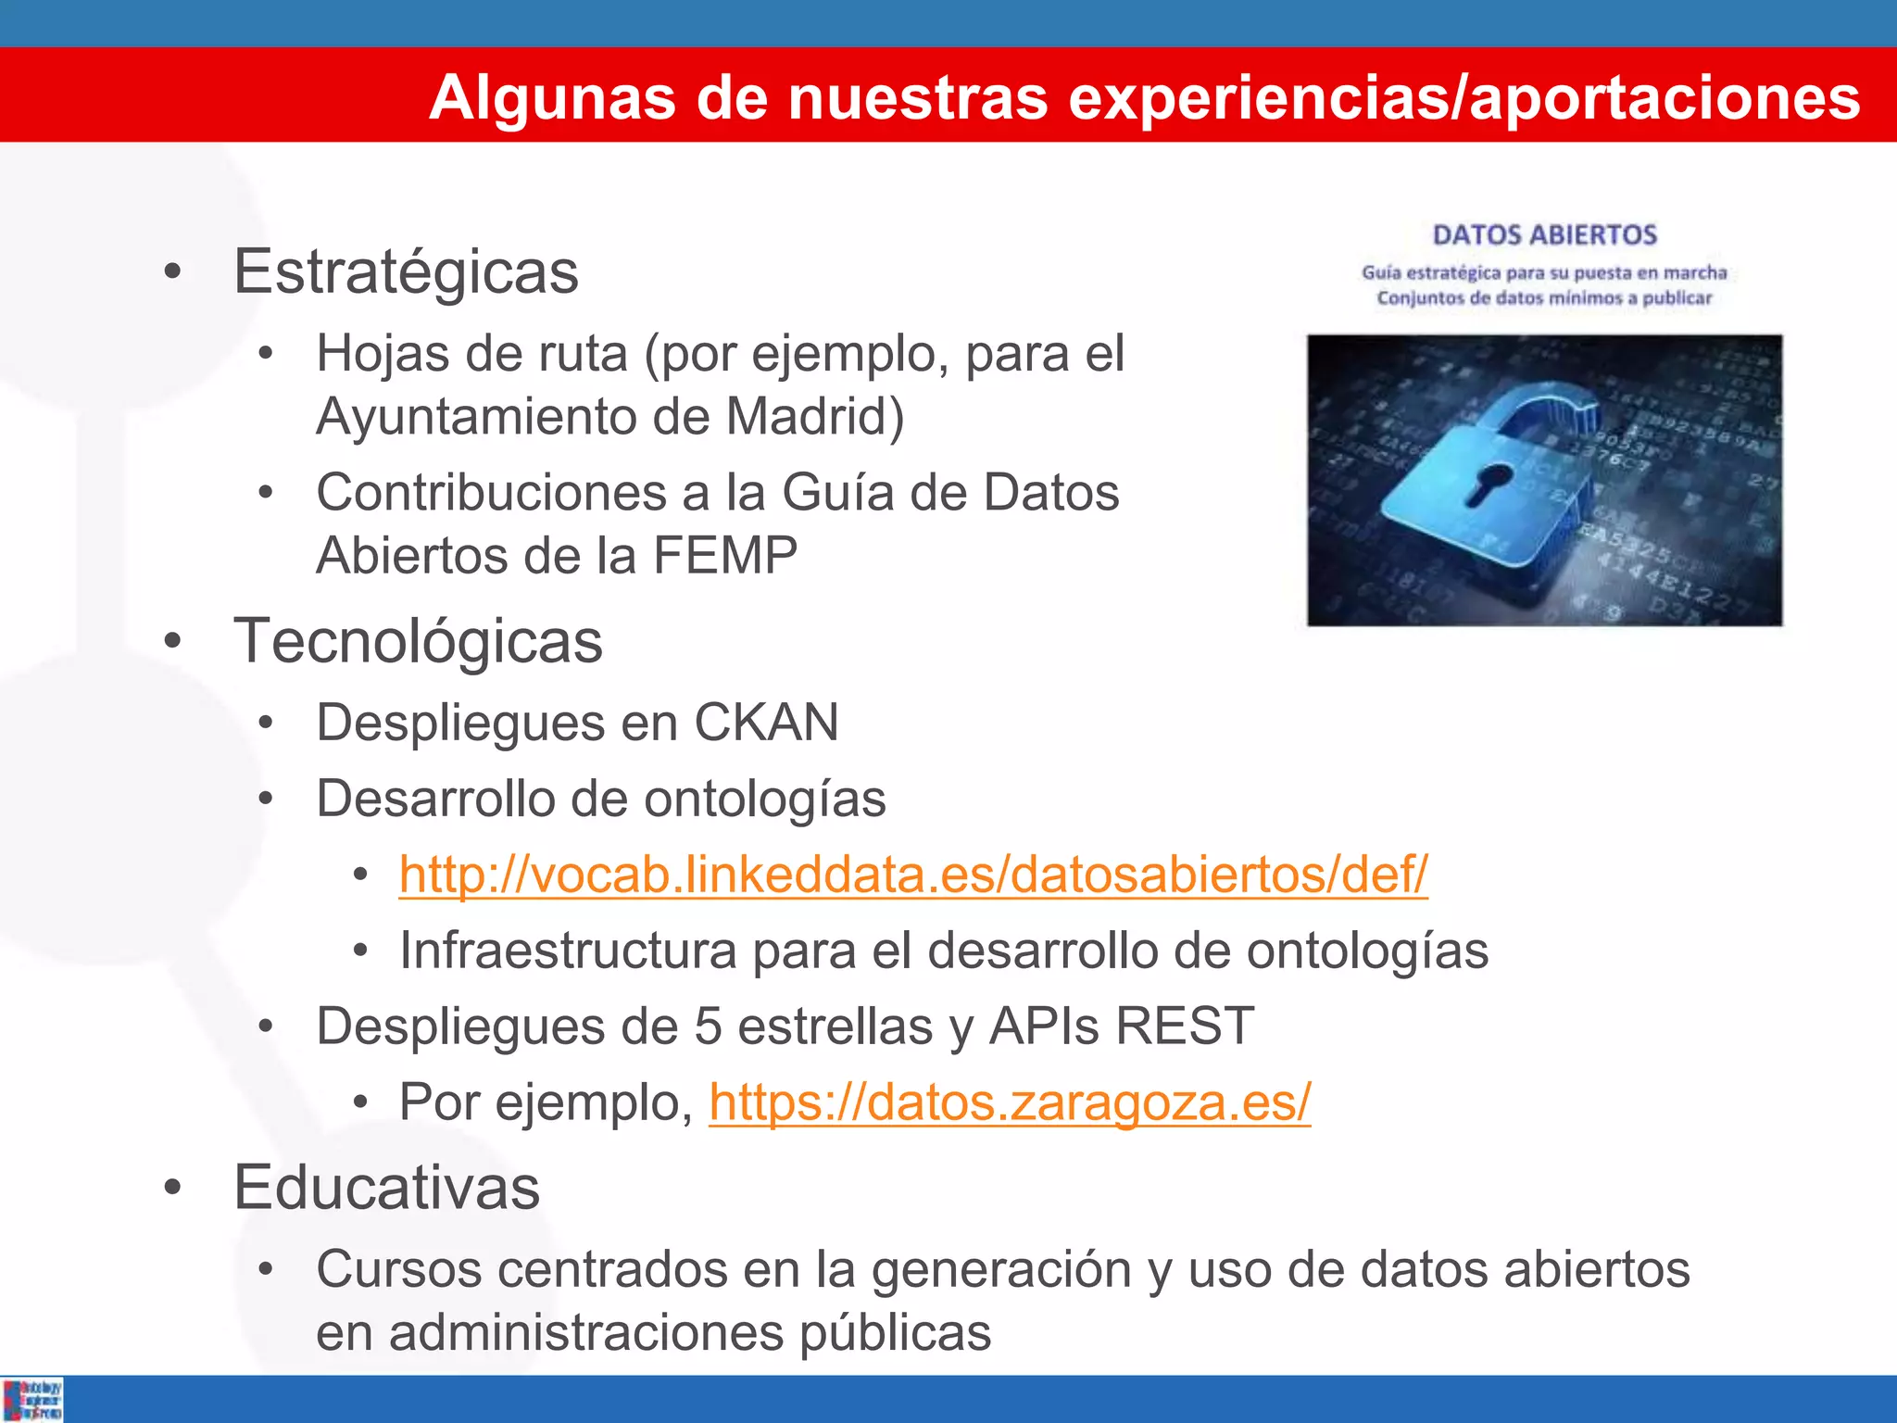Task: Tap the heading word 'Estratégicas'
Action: [406, 272]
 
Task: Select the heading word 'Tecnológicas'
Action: [418, 641]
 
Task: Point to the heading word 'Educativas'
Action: [386, 1188]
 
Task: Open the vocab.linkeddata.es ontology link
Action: [913, 875]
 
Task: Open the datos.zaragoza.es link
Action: [1010, 1102]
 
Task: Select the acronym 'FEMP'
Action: [725, 556]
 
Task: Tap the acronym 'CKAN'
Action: [766, 723]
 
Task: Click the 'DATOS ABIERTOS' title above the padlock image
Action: [1544, 235]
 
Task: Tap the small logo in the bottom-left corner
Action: [32, 1400]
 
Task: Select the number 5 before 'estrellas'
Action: [708, 1026]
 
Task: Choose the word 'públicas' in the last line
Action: [895, 1333]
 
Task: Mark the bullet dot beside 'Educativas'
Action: [172, 1190]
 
